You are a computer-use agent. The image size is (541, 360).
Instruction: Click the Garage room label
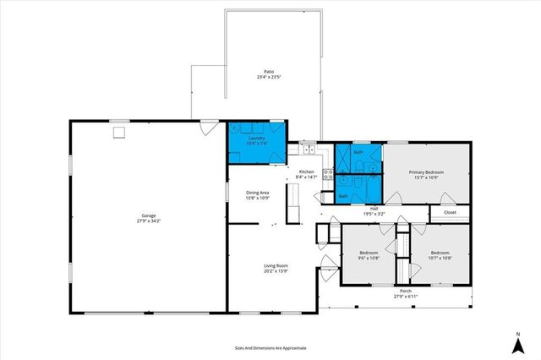point(149,215)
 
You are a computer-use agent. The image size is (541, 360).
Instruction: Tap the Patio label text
point(269,72)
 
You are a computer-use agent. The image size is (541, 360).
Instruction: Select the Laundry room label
point(256,138)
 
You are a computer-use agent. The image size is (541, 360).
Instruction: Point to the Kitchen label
point(307,172)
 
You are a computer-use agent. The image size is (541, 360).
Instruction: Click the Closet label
point(450,212)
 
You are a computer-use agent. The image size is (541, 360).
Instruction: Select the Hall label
point(374,208)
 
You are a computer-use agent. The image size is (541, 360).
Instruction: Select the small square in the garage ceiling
point(119,132)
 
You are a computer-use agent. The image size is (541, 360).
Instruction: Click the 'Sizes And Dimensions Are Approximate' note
point(270,347)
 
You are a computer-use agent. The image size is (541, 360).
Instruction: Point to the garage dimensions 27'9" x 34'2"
point(149,221)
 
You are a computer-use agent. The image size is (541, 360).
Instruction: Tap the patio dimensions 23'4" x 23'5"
point(269,77)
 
